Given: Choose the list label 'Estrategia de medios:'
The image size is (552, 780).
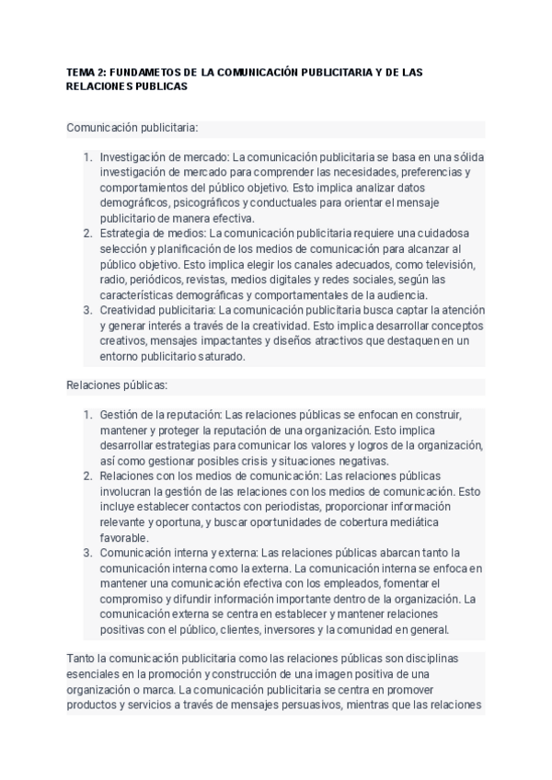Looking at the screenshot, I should [151, 234].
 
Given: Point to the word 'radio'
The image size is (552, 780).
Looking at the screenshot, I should [113, 280].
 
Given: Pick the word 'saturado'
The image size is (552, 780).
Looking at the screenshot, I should [217, 356].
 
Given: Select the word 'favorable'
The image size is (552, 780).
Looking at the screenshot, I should [123, 537].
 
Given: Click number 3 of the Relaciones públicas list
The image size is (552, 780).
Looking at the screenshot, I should [88, 553].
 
